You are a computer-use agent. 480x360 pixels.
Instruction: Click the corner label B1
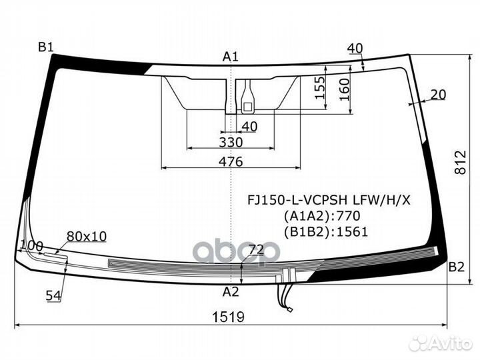(46, 47)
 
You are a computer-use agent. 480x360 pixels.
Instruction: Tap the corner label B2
(457, 267)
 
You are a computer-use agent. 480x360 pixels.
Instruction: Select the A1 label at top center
(230, 57)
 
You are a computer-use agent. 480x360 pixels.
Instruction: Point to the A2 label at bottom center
(230, 292)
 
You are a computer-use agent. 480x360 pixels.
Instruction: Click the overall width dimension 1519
(229, 317)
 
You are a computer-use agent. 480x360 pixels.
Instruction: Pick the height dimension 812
(460, 162)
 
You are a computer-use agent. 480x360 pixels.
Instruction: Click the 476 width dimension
(231, 161)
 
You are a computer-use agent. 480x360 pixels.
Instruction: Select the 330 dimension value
(231, 143)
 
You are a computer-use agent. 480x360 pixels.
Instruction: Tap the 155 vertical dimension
(319, 88)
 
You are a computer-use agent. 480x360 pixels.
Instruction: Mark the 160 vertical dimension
(344, 89)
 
